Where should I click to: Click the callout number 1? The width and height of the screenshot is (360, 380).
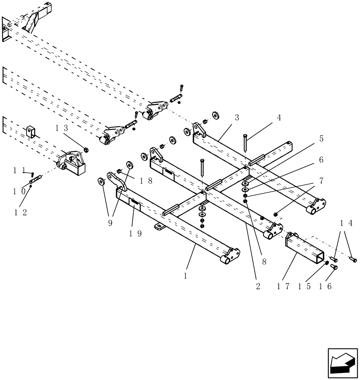click(185, 276)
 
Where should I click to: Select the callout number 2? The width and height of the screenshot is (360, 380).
click(258, 286)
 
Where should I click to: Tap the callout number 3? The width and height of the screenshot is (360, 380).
click(237, 118)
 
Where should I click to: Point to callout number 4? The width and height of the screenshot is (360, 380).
click(279, 118)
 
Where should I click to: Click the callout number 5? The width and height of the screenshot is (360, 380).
click(321, 139)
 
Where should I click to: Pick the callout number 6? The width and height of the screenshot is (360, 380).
click(321, 160)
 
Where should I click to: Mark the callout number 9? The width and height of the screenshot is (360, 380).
click(110, 223)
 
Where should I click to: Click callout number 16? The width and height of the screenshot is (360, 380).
click(327, 286)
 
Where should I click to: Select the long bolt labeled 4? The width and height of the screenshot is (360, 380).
click(245, 143)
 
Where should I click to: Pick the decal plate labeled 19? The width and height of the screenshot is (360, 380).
click(135, 204)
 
